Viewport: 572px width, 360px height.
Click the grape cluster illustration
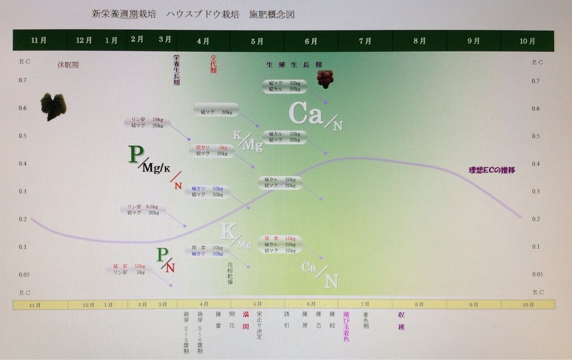coord(325,79)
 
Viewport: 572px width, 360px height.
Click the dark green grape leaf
coord(54,106)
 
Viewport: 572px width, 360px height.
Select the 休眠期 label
coord(68,65)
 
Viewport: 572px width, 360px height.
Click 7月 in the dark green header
coord(365,41)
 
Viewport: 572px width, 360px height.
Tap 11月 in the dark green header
coord(39,41)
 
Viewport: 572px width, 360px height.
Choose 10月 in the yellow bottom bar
coord(528,305)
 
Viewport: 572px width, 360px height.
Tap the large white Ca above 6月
coord(306,113)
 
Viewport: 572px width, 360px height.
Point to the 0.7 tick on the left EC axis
coord(22,80)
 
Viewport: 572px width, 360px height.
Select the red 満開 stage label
coord(245,320)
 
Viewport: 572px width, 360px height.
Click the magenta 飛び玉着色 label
coord(346,327)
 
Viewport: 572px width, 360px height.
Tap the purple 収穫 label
coord(401,320)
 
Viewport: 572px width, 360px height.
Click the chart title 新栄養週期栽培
coord(124,14)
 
